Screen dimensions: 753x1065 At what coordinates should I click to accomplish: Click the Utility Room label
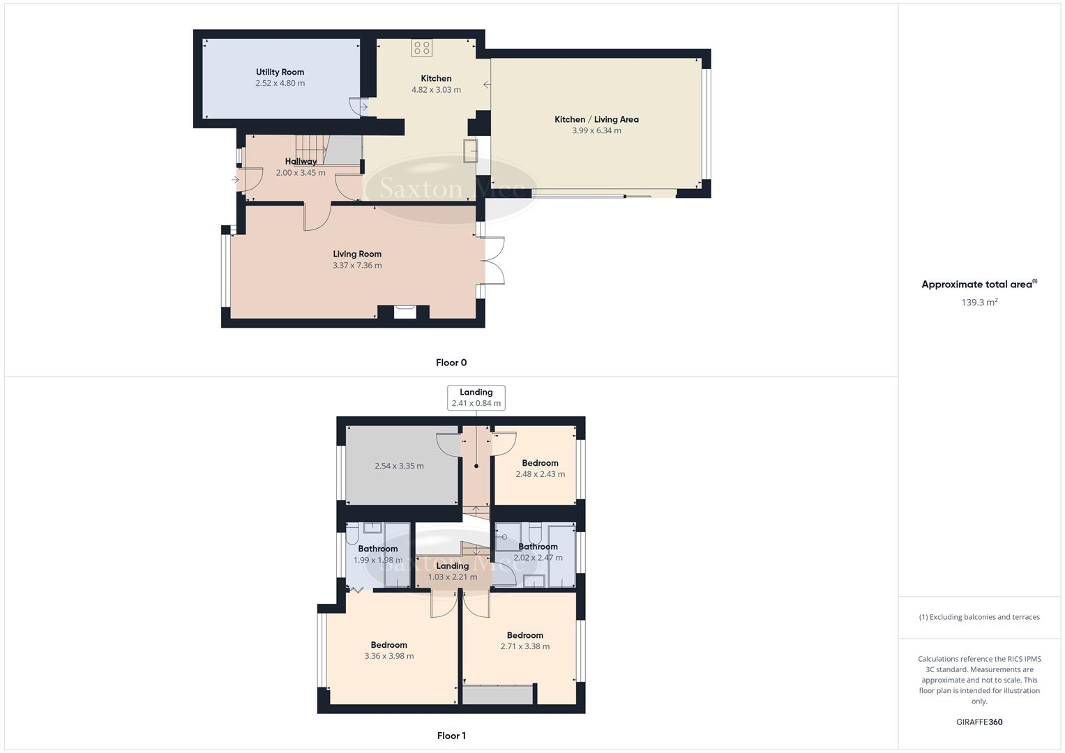coord(280,72)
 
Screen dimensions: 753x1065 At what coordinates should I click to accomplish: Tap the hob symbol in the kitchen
coord(421,47)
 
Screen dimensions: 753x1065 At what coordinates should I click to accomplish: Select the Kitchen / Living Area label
coord(596,119)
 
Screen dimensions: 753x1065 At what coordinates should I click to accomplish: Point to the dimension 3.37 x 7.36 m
coord(357,265)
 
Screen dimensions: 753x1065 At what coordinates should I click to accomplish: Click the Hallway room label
coord(301,161)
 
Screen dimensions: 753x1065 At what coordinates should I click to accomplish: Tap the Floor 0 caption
coord(451,363)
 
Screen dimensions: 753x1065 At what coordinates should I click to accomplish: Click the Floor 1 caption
coord(451,736)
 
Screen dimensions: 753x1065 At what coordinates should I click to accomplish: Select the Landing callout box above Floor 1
coord(476,397)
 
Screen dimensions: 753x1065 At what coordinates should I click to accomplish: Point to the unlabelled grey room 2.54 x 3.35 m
coord(399,466)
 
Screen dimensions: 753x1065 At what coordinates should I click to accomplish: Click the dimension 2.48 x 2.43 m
coord(540,474)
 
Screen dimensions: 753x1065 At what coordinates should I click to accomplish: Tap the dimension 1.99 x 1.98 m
coord(377,560)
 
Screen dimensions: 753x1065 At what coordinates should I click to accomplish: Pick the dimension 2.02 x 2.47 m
coord(538,558)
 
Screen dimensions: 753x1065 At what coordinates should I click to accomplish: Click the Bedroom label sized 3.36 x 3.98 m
coord(388,645)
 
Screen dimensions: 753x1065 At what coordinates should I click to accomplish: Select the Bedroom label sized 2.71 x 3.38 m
coord(524,635)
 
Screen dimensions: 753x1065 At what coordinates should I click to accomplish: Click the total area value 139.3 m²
coord(979,302)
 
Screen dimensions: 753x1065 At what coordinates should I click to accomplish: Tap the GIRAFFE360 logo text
coord(979,722)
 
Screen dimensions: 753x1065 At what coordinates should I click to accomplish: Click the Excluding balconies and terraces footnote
coord(979,617)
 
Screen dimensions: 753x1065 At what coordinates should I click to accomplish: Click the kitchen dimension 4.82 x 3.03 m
coord(436,89)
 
